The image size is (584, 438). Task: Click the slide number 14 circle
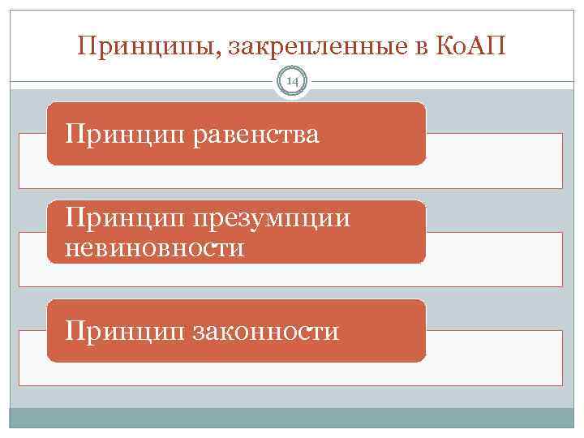(x=292, y=81)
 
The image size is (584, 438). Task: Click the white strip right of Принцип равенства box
(x=493, y=161)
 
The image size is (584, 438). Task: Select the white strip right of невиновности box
(x=493, y=258)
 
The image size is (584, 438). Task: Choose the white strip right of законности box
(x=493, y=357)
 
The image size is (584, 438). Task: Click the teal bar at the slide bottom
(x=292, y=418)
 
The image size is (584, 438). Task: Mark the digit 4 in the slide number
(x=295, y=81)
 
